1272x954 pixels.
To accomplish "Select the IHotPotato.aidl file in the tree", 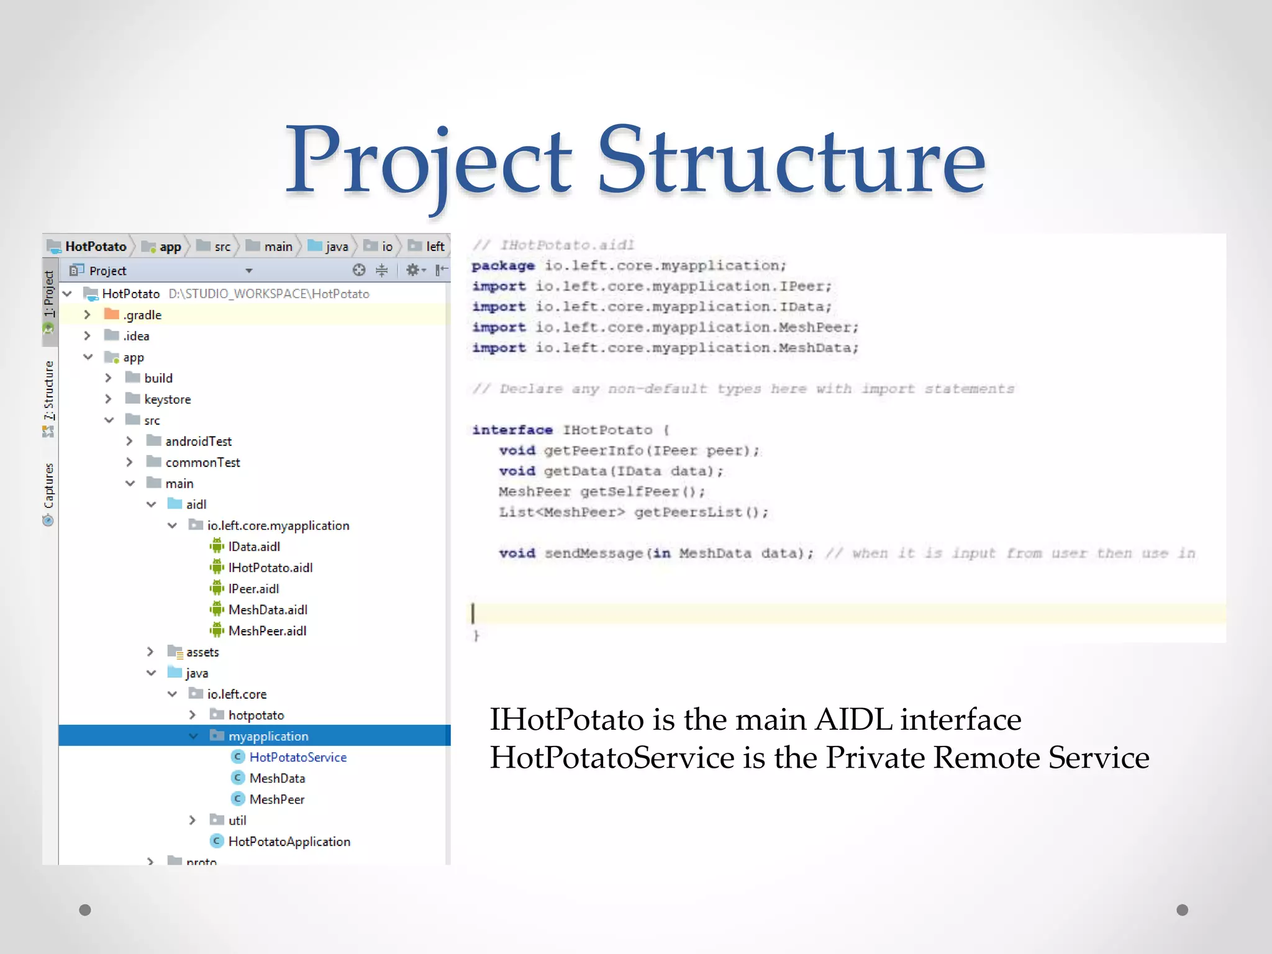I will point(270,568).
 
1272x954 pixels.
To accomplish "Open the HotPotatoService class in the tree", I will point(298,757).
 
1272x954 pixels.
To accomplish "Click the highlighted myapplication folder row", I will point(268,736).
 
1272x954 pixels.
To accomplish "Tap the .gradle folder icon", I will point(112,314).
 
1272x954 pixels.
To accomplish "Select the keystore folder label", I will point(167,399).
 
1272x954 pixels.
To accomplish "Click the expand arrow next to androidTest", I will point(129,441).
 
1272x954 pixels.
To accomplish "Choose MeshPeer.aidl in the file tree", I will point(267,631).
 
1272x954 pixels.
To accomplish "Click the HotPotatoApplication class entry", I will point(289,842).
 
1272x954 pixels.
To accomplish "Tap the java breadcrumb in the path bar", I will point(336,247).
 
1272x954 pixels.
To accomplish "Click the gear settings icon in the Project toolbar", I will point(412,270).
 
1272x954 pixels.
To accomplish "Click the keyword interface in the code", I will point(512,430).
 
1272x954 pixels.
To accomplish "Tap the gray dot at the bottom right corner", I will point(1182,910).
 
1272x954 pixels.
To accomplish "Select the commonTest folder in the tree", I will point(202,463).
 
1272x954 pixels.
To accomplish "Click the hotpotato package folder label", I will point(256,715).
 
